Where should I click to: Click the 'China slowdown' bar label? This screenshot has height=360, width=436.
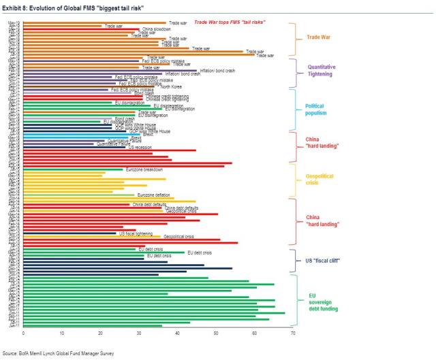pos(157,29)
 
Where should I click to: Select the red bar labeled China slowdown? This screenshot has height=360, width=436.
pos(81,29)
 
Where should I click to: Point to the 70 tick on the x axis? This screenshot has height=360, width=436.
pos(293,333)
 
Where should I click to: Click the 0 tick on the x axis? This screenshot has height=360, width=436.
pos(23,333)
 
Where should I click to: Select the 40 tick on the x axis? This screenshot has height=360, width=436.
pos(177,333)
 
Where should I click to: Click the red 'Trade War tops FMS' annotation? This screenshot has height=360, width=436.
pos(229,22)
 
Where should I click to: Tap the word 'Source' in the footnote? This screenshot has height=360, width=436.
pos(10,354)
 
